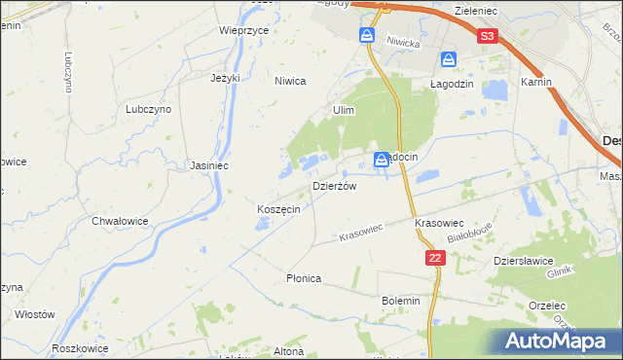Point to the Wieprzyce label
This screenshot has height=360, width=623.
tap(243, 30)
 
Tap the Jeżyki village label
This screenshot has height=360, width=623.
tap(225, 78)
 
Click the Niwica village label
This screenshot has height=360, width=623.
tap(290, 82)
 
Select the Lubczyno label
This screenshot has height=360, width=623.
tap(148, 110)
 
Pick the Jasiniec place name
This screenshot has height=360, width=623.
tap(209, 165)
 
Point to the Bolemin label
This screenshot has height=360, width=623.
tap(401, 301)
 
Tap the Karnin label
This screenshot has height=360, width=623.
tap(536, 83)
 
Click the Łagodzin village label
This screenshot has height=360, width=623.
tap(452, 85)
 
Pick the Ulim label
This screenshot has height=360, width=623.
tap(343, 111)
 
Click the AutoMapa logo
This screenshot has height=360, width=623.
tap(558, 341)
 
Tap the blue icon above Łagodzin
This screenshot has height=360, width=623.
tap(448, 60)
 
